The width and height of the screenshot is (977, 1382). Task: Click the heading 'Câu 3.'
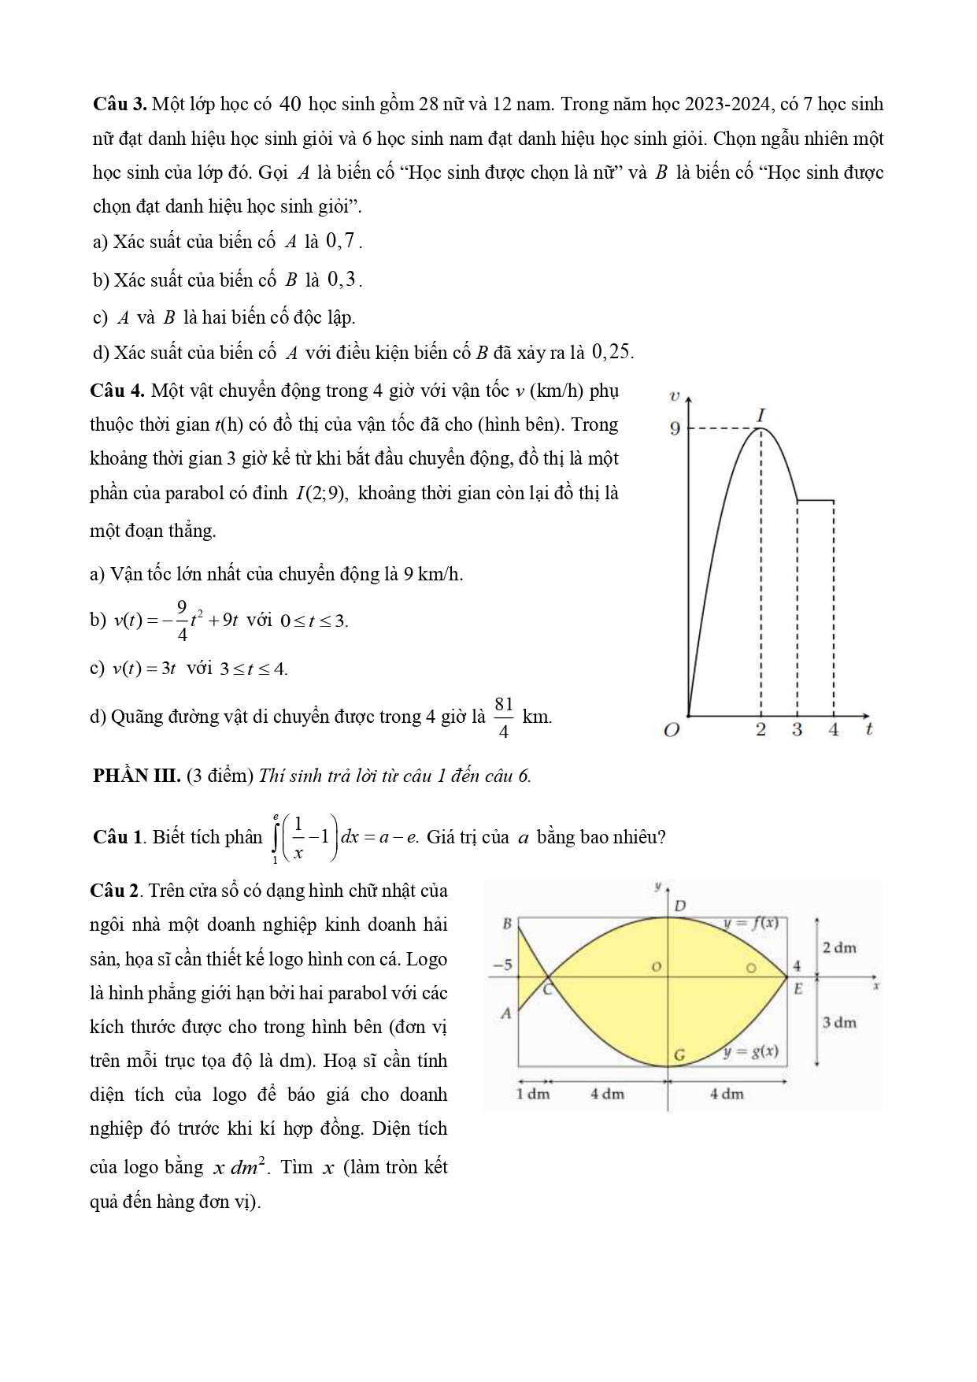point(118,105)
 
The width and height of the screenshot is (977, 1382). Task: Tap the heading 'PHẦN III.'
point(137,776)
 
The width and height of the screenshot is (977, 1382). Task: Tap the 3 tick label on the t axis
point(797,730)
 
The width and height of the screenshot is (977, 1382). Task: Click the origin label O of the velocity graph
point(671,731)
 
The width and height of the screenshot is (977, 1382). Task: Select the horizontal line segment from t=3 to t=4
point(816,500)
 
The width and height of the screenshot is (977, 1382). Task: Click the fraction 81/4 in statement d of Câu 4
point(504,717)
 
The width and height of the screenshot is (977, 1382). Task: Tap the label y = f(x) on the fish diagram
point(751,923)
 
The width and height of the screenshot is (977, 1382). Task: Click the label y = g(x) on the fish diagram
point(751,1051)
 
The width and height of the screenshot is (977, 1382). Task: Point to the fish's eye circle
point(751,966)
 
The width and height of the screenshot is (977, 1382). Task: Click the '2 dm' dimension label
point(838,947)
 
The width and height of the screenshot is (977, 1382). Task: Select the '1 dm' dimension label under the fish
point(533,1094)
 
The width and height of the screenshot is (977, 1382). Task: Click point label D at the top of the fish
point(681,906)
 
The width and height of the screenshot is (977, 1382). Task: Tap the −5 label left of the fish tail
point(501,965)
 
